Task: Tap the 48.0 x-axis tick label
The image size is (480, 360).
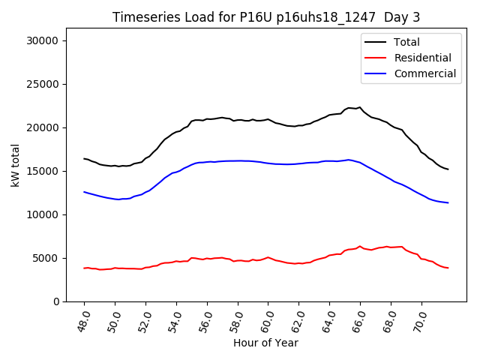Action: click(84, 321)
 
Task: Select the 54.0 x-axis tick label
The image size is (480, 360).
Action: click(175, 321)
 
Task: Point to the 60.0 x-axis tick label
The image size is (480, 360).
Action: click(268, 321)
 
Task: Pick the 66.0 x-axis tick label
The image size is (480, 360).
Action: click(359, 321)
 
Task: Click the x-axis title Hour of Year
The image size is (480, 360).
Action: click(265, 343)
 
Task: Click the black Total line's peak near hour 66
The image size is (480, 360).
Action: click(360, 107)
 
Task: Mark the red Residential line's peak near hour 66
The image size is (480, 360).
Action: click(360, 246)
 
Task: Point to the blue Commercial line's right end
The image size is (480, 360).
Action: click(448, 202)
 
